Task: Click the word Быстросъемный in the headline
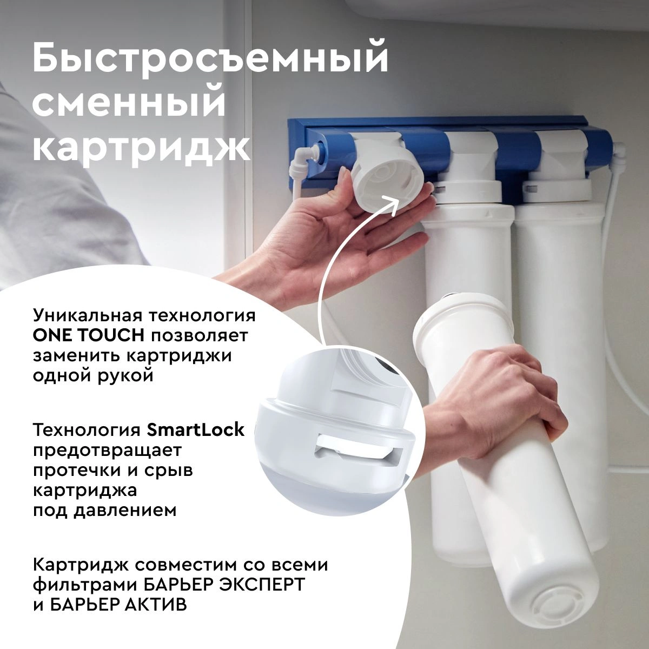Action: click(x=210, y=60)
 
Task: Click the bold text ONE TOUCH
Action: click(x=89, y=335)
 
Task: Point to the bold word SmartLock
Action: click(x=195, y=430)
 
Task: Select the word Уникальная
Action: click(x=88, y=316)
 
